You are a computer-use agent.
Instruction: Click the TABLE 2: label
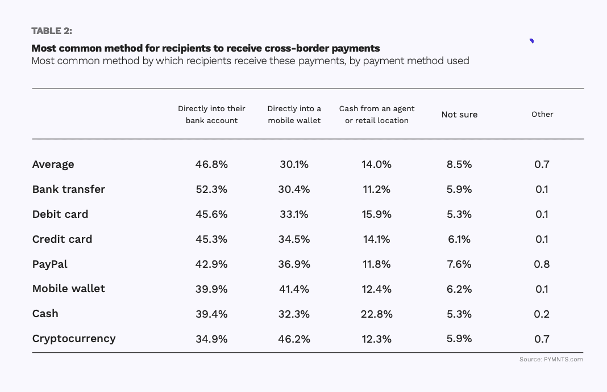pos(52,31)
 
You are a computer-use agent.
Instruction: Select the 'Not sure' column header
pos(459,115)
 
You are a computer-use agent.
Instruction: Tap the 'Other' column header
pos(542,114)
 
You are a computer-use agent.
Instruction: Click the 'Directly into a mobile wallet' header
pos(294,114)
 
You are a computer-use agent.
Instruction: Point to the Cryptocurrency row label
pos(74,339)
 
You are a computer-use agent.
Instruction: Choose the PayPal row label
pos(50,264)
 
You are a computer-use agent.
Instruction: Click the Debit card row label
pos(60,214)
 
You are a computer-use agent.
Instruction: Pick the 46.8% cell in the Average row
pos(211,165)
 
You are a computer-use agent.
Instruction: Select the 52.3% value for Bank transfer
pos(211,189)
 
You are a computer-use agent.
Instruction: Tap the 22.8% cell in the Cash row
pos(376,314)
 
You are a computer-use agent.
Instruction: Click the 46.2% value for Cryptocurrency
pos(294,339)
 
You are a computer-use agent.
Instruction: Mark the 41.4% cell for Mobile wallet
pos(294,289)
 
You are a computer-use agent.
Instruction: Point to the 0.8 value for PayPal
pos(542,264)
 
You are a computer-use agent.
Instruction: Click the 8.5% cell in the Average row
pos(459,165)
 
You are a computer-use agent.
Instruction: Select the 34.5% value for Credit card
pos(294,239)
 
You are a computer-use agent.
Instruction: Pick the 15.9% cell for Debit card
pos(376,214)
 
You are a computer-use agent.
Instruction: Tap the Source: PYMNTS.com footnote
pos(551,359)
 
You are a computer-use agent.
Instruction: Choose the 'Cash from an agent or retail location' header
pos(377,114)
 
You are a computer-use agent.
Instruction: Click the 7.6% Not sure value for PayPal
pos(459,264)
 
